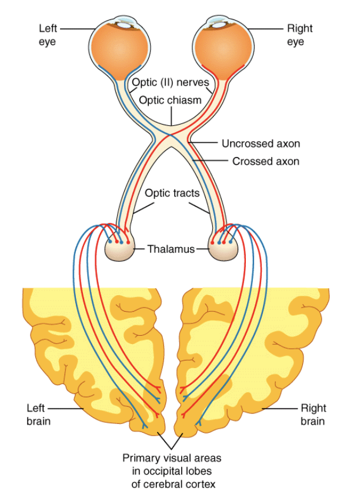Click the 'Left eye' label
(x=48, y=35)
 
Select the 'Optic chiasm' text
(x=170, y=100)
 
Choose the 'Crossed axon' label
(x=265, y=161)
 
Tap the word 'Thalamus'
(x=171, y=249)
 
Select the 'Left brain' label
(x=39, y=414)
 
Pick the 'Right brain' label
(x=313, y=414)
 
